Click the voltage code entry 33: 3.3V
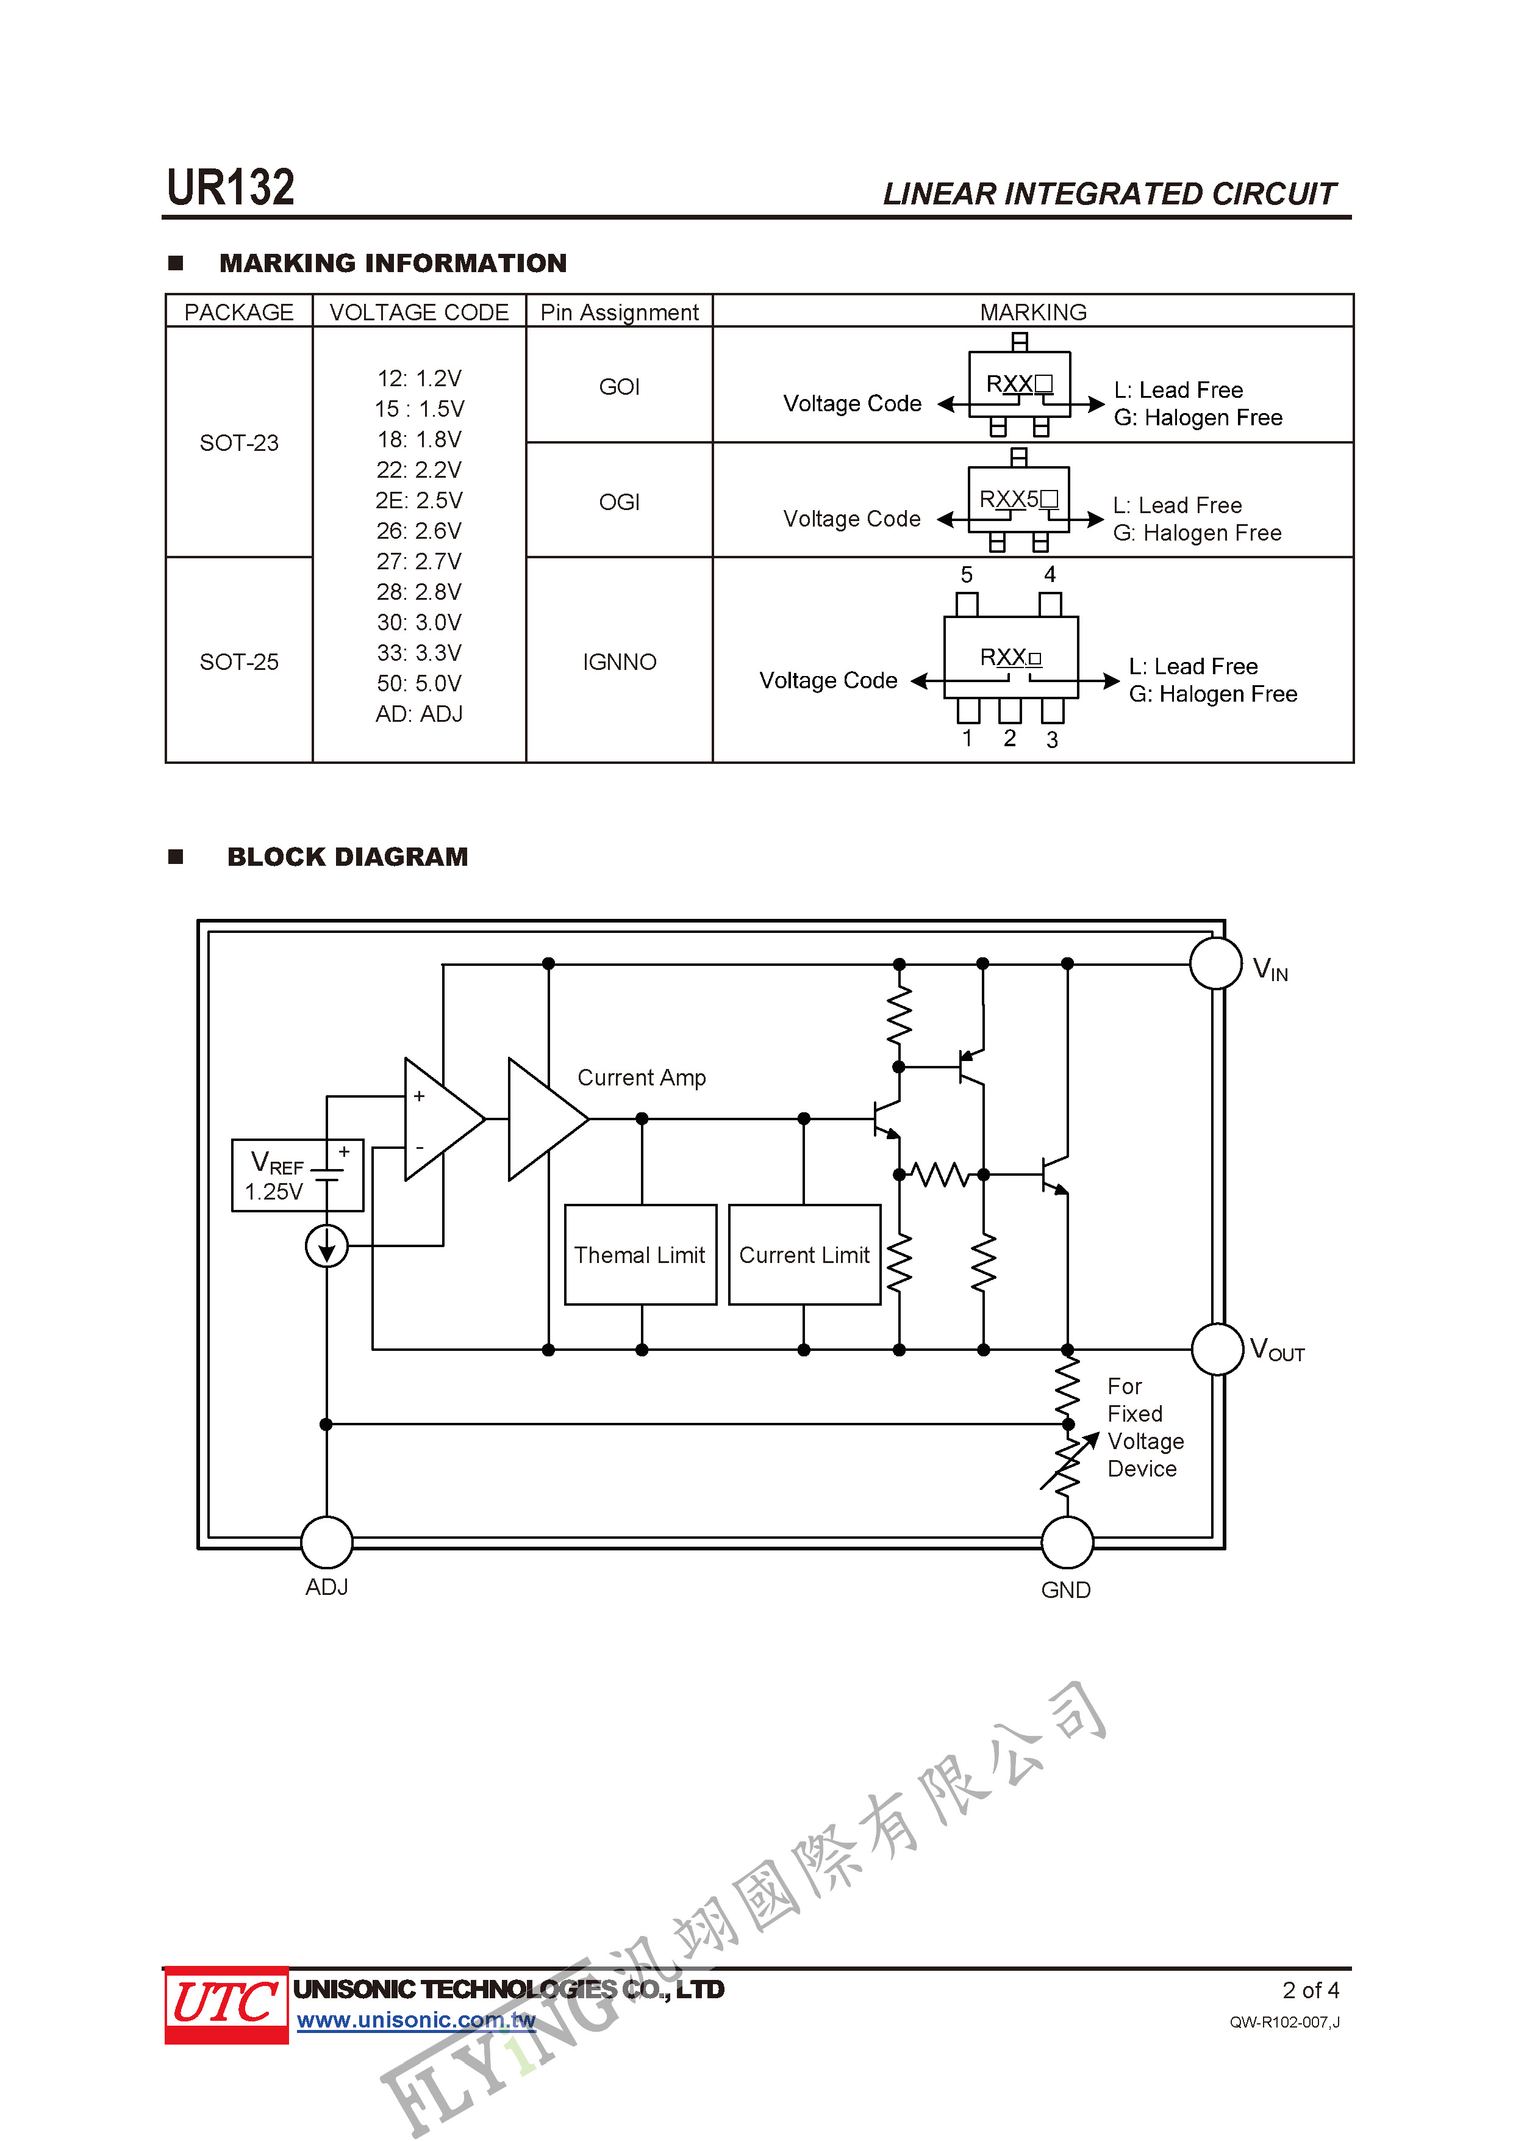pos(418,653)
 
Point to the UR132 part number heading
pos(231,187)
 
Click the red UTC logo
pos(226,2005)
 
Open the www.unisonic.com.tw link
pos(416,2021)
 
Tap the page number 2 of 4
pos(1311,1990)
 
